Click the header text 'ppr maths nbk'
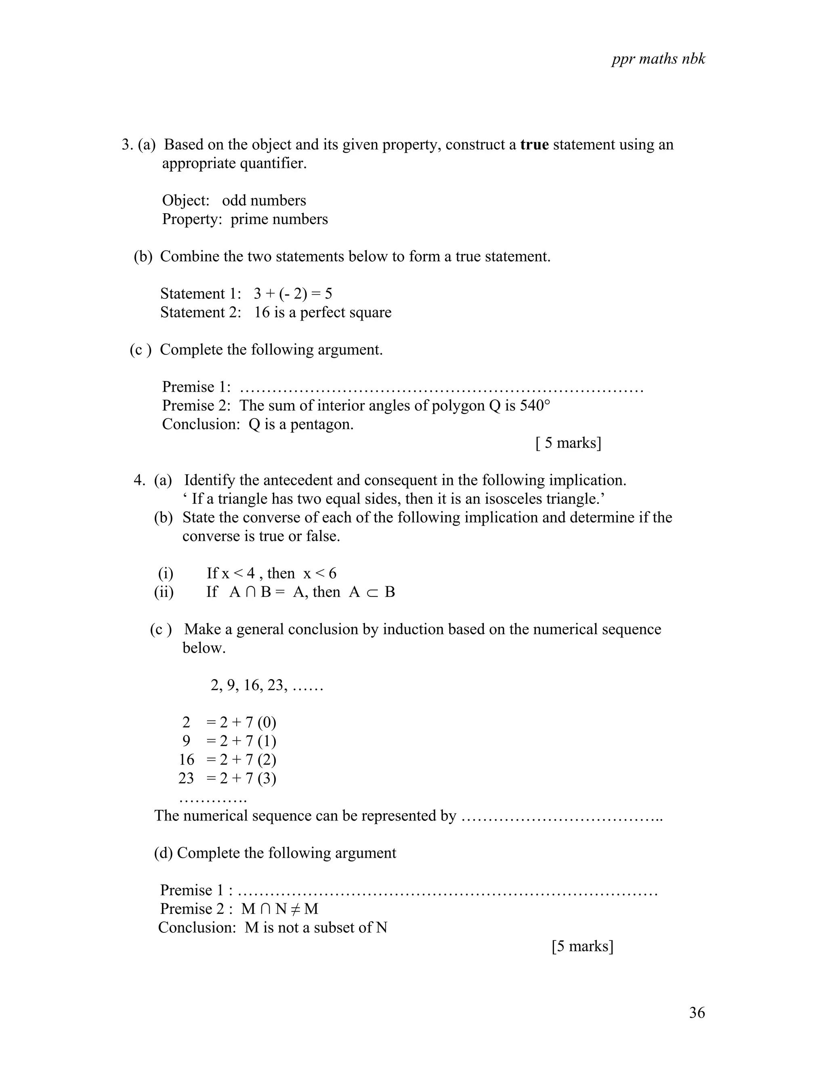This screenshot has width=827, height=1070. tap(658, 59)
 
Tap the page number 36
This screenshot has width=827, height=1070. tap(697, 1012)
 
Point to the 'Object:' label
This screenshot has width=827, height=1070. tap(186, 201)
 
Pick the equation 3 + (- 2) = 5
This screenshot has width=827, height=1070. tap(292, 294)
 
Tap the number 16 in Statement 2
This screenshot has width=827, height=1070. tap(262, 313)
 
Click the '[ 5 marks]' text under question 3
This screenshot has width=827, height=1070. tap(568, 443)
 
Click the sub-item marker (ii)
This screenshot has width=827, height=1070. tap(164, 592)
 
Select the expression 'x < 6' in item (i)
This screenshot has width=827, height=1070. tap(319, 573)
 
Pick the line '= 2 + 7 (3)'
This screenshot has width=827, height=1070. tap(241, 778)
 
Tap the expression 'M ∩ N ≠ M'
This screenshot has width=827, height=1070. tap(280, 909)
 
